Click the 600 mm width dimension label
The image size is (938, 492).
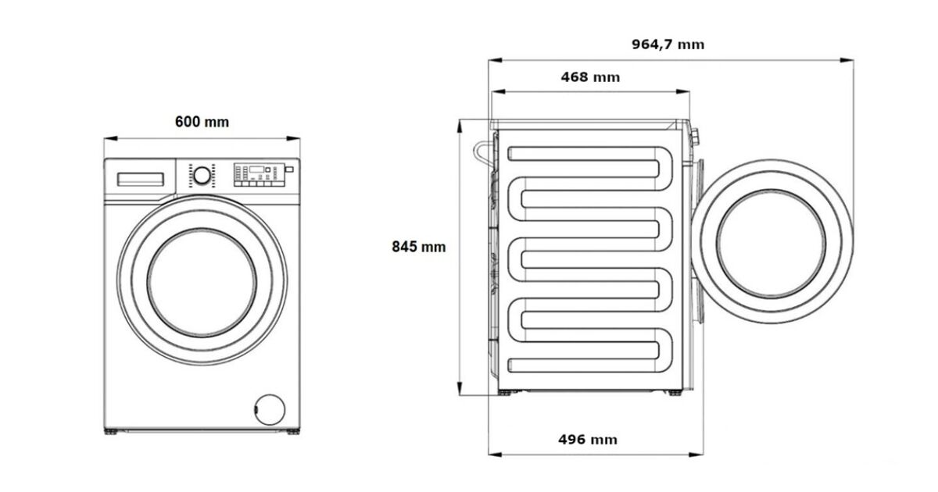point(202,122)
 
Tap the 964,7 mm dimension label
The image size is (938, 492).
point(668,45)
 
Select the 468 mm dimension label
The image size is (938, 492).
point(590,77)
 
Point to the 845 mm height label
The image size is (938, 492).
point(419,247)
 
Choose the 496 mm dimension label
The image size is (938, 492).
point(588,440)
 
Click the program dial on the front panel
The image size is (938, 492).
point(202,176)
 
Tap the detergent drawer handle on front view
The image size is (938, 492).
point(140,179)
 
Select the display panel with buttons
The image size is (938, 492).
point(260,174)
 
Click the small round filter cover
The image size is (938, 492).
point(270,409)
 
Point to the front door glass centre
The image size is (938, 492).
point(202,283)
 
